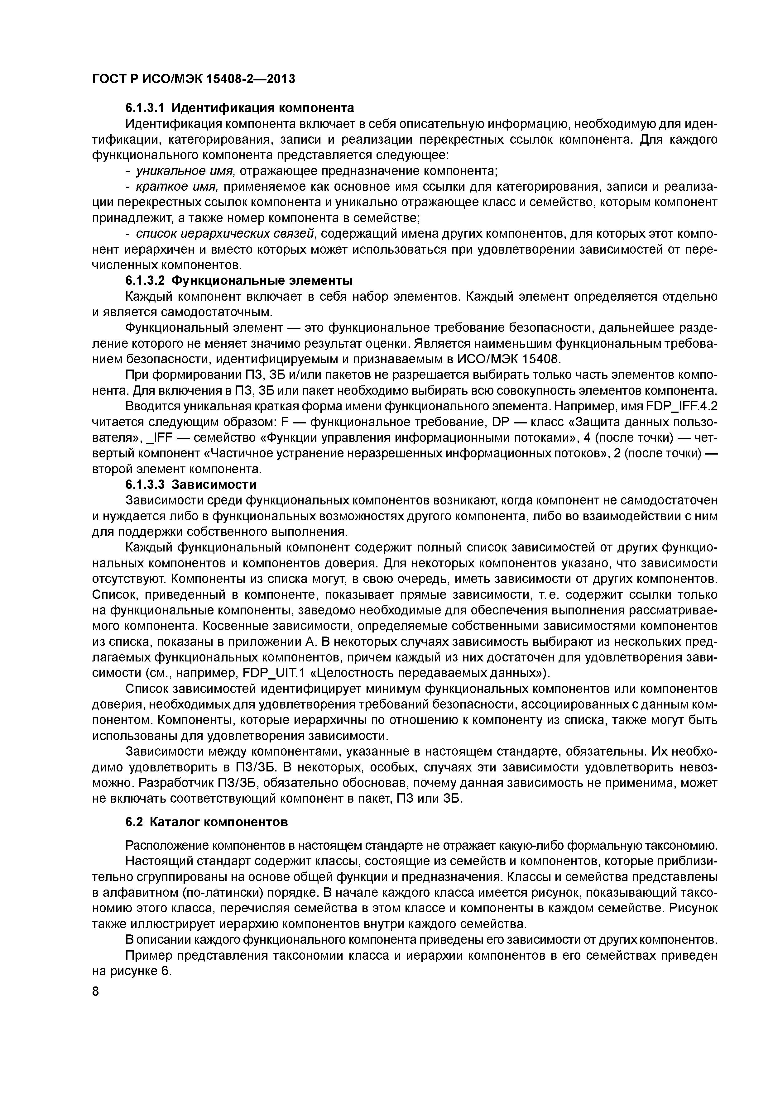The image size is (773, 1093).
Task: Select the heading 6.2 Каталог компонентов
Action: point(206,823)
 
